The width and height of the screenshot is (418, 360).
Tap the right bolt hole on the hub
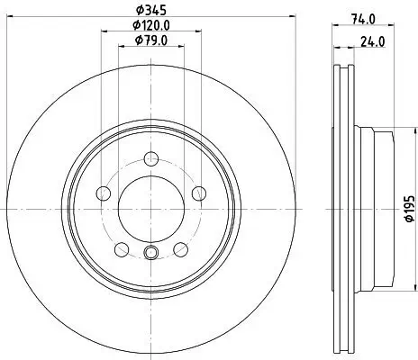coord(197,193)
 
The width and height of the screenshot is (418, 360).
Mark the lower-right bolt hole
coord(179,248)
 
